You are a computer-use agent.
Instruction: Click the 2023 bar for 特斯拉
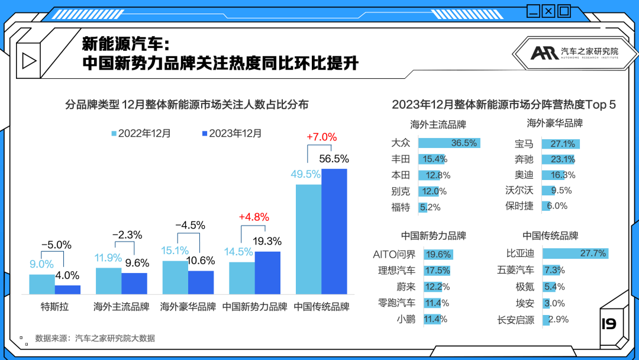click(67, 290)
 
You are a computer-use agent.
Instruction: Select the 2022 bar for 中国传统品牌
click(308, 239)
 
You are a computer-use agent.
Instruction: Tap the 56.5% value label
click(334, 159)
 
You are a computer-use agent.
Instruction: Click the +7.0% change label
click(322, 137)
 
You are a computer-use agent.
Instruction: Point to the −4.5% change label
click(190, 226)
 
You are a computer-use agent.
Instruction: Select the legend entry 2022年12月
click(141, 133)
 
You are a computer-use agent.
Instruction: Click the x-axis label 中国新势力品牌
click(255, 307)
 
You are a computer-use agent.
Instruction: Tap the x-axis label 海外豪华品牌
click(188, 307)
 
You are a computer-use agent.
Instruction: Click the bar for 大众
click(448, 143)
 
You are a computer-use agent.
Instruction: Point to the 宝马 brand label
click(524, 144)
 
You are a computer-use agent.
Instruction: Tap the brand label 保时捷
click(519, 206)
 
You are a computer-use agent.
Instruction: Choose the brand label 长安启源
click(516, 320)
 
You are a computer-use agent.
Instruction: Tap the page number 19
click(608, 324)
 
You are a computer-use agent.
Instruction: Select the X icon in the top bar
click(548, 10)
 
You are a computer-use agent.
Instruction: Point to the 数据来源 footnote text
click(95, 339)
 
